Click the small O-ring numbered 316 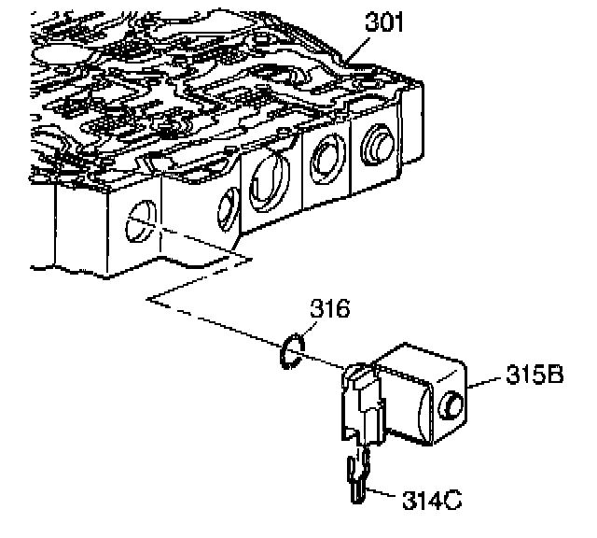click(290, 350)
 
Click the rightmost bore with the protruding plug click(377, 148)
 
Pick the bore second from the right click(326, 159)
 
